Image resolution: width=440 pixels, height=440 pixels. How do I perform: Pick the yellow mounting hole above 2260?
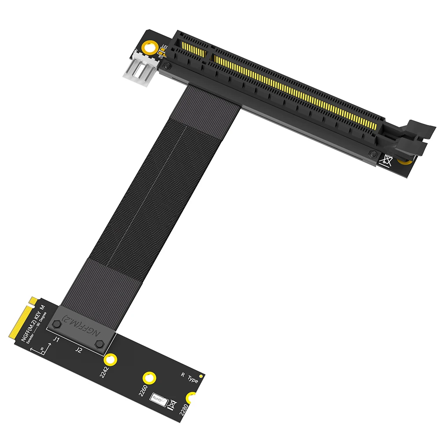click(149, 378)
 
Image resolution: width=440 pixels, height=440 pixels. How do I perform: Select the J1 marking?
click(56, 340)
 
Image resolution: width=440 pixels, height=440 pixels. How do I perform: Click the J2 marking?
click(78, 350)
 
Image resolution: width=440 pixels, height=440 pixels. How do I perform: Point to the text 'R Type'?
click(190, 377)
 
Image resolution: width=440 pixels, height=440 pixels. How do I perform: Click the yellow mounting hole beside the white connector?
click(151, 48)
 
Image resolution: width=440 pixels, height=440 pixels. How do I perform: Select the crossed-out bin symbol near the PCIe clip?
click(387, 160)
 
